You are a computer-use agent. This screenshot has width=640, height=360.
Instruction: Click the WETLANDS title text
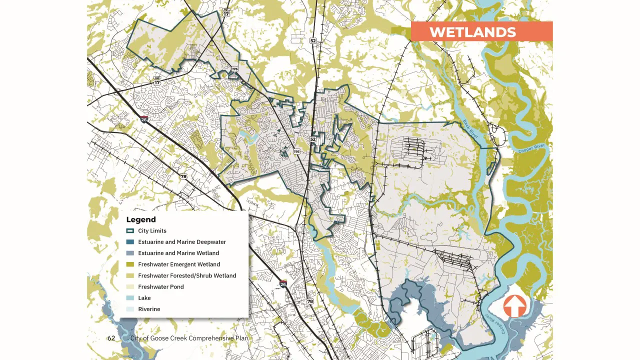(x=472, y=32)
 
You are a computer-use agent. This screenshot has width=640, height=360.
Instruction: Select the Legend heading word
(x=141, y=219)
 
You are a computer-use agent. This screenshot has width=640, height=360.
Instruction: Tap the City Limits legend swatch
(x=130, y=231)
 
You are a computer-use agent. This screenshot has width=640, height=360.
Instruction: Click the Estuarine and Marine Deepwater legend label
(x=182, y=242)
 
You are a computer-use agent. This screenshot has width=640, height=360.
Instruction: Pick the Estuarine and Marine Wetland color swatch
(x=130, y=253)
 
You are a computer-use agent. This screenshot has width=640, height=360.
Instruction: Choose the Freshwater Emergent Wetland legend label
(x=179, y=264)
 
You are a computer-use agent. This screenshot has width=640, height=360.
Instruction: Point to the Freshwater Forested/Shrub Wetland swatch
(x=130, y=276)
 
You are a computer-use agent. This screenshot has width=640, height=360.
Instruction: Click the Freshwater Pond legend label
(x=161, y=287)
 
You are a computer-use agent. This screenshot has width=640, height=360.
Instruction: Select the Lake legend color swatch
(x=130, y=298)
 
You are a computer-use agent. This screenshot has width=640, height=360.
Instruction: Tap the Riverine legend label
(x=149, y=309)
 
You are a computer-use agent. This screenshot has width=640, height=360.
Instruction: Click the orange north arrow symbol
(x=514, y=306)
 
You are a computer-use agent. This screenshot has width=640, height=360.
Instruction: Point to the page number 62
(x=111, y=338)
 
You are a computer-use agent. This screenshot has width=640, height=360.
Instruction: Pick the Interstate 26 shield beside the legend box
(x=283, y=284)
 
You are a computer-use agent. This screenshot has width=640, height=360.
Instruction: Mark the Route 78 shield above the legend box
(x=183, y=176)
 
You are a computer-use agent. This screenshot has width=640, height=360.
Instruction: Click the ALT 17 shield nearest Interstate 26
(x=157, y=82)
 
